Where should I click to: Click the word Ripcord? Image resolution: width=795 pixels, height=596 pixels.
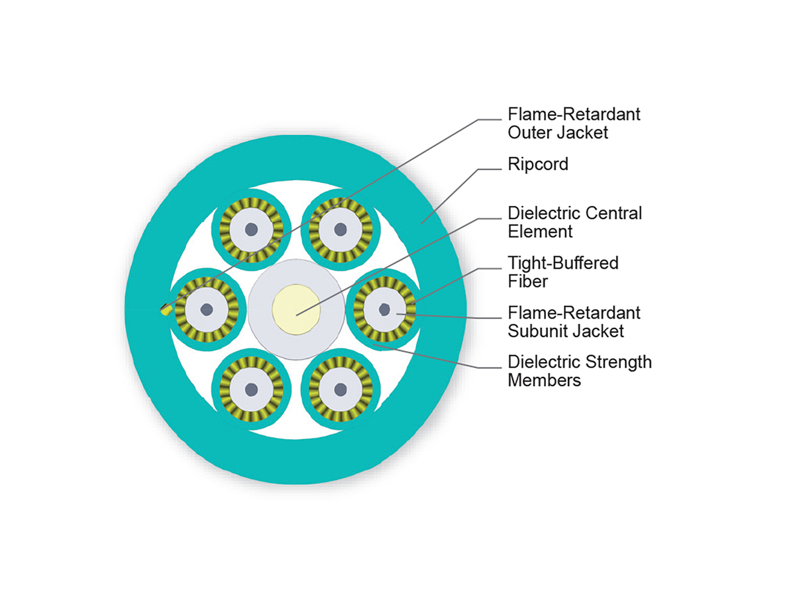point(538,164)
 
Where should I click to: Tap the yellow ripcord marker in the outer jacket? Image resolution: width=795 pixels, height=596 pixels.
point(164,309)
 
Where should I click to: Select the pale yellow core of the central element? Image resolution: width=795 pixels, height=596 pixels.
point(296,309)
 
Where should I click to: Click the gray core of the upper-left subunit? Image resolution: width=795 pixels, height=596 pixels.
point(251,229)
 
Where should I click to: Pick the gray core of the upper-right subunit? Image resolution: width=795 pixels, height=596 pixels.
point(341,229)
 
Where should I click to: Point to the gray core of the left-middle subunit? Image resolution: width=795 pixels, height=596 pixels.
point(207,309)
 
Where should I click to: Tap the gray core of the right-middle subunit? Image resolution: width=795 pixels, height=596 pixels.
point(385,309)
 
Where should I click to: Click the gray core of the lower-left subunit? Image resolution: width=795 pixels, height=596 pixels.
point(251,389)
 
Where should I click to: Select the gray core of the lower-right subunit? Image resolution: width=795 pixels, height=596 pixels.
point(341,389)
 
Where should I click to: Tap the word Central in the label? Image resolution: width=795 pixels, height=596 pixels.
point(613,214)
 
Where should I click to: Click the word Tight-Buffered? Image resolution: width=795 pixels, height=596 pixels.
point(563,264)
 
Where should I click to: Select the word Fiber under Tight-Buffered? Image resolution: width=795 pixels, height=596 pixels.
point(527,281)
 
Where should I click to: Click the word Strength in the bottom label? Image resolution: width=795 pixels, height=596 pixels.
point(618,363)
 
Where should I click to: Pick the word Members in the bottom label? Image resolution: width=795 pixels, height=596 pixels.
point(544,380)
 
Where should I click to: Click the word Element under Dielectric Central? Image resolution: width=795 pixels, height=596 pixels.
point(540,231)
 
